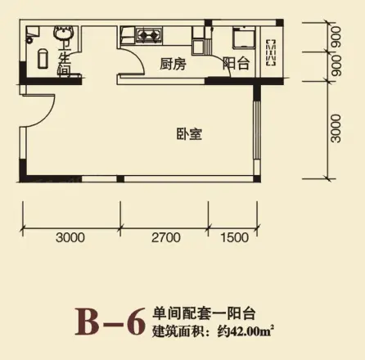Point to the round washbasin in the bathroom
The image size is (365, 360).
(64, 36)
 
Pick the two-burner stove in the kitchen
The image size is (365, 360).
(150, 35)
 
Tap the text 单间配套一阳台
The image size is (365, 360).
(194, 312)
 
